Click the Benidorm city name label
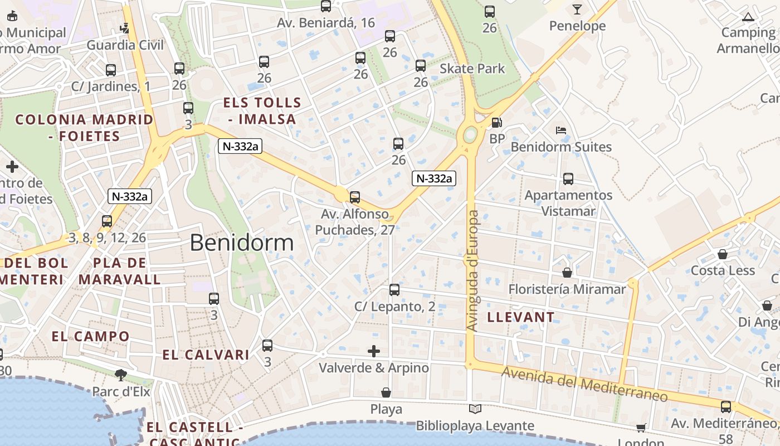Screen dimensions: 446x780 click(x=241, y=243)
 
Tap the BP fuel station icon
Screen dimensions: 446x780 click(x=496, y=123)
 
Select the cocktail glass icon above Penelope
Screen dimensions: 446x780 click(x=577, y=9)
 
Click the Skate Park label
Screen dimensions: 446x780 click(x=472, y=69)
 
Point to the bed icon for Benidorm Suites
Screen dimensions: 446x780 click(x=561, y=131)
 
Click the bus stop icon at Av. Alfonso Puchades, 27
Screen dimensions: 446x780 click(x=354, y=197)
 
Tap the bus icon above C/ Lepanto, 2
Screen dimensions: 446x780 click(x=394, y=290)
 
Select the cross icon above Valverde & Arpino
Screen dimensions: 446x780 click(x=374, y=351)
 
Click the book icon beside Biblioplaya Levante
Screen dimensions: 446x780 click(x=475, y=410)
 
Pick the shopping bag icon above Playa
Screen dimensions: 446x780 click(x=386, y=393)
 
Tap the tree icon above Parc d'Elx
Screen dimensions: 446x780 click(x=121, y=375)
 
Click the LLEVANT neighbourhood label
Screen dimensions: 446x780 click(x=521, y=317)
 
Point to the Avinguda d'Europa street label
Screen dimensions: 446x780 click(x=473, y=270)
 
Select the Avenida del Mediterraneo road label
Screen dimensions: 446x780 click(x=584, y=384)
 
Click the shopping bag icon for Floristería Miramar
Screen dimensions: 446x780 click(x=567, y=273)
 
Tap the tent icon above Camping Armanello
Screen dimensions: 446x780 click(x=748, y=17)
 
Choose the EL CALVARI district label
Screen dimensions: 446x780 click(x=206, y=355)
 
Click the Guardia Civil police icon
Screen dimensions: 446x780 click(x=125, y=28)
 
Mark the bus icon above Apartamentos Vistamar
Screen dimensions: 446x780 click(x=568, y=179)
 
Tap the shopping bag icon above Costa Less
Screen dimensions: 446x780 click(x=723, y=254)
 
